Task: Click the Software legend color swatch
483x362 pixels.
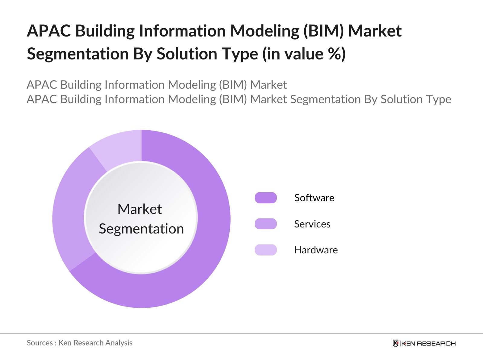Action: pyautogui.click(x=266, y=198)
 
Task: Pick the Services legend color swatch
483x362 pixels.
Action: pyautogui.click(x=266, y=224)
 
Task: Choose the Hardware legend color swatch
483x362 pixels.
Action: pyautogui.click(x=266, y=250)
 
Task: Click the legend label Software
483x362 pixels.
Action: pyautogui.click(x=314, y=198)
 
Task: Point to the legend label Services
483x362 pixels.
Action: pyautogui.click(x=312, y=224)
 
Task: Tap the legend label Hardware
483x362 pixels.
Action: pyautogui.click(x=316, y=250)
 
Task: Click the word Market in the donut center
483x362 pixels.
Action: pyautogui.click(x=139, y=209)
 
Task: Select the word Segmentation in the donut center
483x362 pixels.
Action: pyautogui.click(x=141, y=229)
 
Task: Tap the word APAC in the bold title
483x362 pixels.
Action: pyautogui.click(x=49, y=31)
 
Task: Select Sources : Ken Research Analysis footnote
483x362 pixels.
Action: pyautogui.click(x=79, y=343)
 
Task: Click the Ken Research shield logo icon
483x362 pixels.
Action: pyautogui.click(x=395, y=343)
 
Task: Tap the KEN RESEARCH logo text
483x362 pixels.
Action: pyautogui.click(x=428, y=343)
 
